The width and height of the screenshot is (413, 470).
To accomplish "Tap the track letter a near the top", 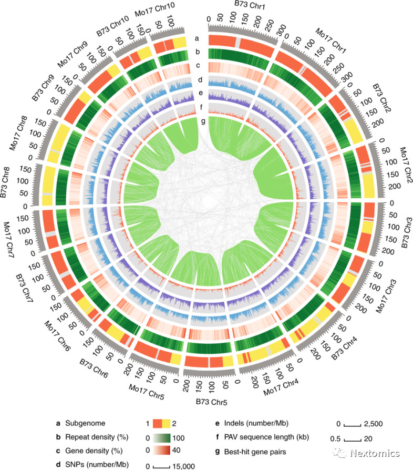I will tap(197, 38).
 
